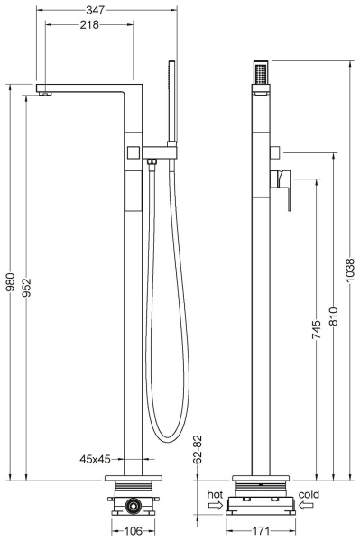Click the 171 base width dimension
[261, 531]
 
